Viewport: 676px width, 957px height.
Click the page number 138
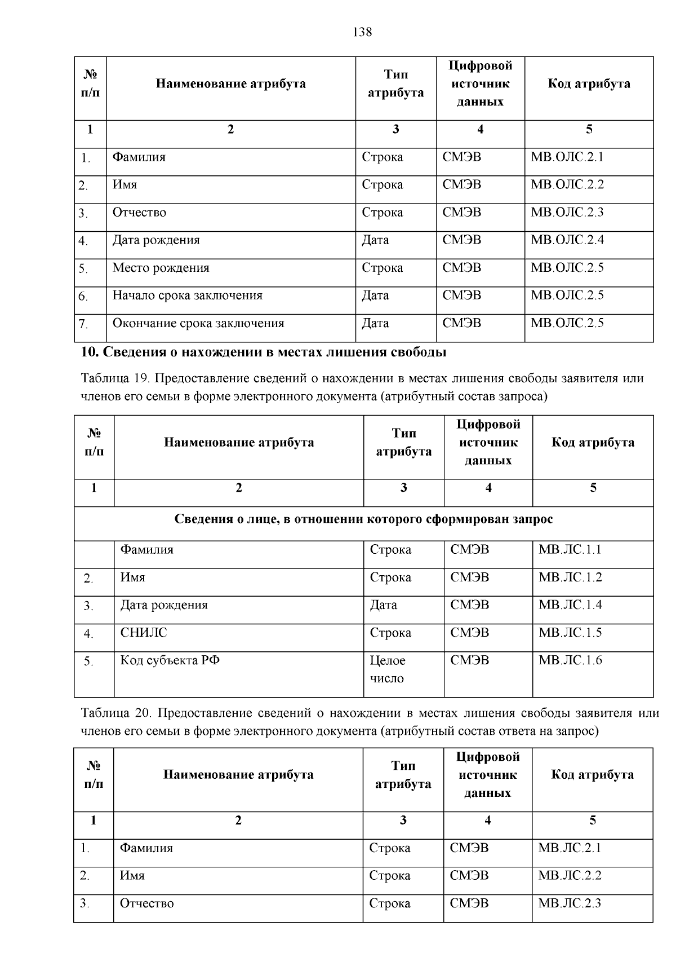point(362,32)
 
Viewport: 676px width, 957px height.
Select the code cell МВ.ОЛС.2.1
point(567,157)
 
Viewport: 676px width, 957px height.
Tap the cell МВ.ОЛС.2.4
point(567,240)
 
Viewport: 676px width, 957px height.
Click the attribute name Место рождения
point(161,268)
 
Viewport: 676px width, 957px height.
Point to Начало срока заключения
point(187,296)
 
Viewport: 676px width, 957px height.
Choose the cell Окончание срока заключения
point(198,323)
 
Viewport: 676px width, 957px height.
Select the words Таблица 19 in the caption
point(113,378)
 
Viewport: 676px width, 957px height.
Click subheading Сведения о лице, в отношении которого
point(363,519)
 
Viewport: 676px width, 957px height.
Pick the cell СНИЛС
point(144,633)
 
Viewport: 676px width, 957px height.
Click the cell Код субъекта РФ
point(170,660)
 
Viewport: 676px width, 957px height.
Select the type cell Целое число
point(388,669)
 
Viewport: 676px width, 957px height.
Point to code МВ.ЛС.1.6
point(570,660)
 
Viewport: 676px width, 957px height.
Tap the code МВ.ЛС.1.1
point(570,549)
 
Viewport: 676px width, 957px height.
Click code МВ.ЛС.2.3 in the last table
point(570,903)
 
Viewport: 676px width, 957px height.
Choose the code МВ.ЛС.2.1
point(570,848)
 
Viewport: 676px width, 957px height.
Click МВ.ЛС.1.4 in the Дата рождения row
point(570,605)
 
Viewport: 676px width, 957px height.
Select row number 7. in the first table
point(83,324)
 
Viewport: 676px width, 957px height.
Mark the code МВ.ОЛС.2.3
point(567,212)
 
